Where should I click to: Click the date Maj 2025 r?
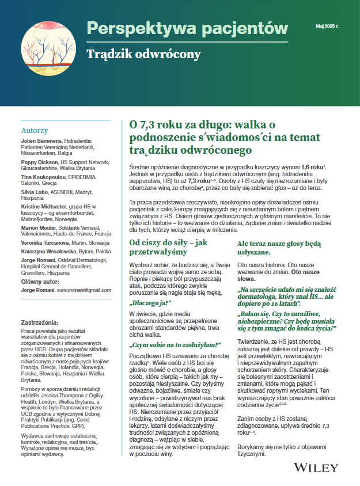click(x=327, y=26)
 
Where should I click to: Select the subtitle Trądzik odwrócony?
click(x=143, y=55)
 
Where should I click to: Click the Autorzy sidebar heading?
click(x=35, y=130)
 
